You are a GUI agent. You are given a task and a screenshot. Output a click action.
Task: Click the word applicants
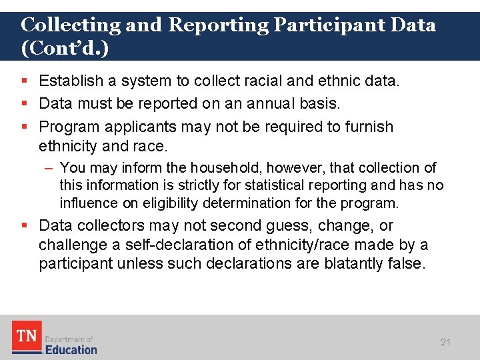click(141, 127)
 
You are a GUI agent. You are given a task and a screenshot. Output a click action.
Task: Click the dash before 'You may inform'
click(51, 168)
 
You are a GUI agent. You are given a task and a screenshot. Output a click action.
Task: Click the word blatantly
click(353, 264)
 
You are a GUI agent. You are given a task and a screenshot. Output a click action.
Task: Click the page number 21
click(446, 342)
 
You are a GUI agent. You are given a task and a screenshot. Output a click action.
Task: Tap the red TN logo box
click(27, 337)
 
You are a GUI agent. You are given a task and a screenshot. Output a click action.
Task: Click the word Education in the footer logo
click(71, 349)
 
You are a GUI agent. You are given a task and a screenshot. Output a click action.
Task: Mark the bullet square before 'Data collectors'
click(24, 226)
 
